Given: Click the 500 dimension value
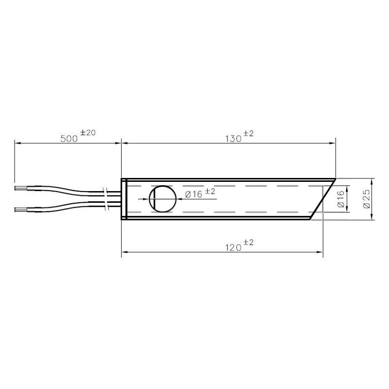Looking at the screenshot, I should [69, 139].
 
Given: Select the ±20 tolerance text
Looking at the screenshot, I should [88, 133].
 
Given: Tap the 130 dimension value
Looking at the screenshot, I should [233, 139].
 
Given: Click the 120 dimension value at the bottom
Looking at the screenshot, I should [233, 248].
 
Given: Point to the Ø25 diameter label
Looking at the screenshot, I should [367, 199].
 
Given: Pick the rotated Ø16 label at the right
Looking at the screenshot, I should [341, 199].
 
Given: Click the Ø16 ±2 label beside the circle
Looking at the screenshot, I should [200, 194].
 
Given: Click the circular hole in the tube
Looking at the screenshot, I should [162, 199].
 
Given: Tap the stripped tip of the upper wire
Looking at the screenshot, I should [20, 187].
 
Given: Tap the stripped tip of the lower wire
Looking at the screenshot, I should [20, 210].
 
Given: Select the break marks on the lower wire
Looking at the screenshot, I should [106, 206].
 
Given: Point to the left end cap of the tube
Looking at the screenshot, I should [124, 199].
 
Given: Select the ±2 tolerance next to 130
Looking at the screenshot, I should [248, 134].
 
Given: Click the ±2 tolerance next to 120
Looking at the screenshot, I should [248, 243].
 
